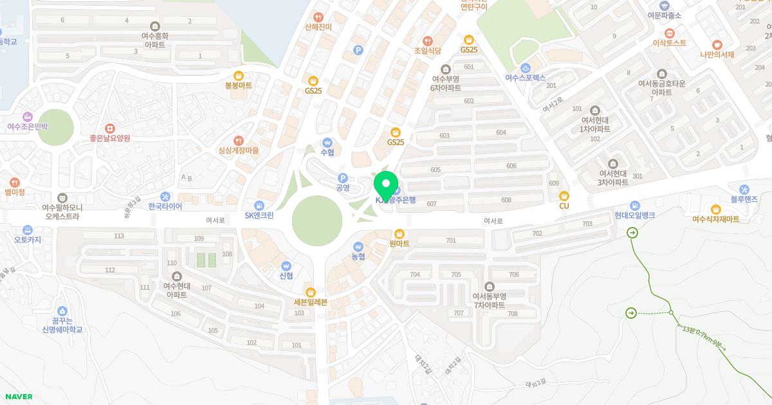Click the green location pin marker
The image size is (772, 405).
tap(386, 186)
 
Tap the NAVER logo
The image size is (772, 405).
tap(19, 397)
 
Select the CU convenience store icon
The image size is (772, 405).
tap(564, 195)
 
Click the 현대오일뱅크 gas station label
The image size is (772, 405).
tap(634, 216)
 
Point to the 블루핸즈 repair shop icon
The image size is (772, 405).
tap(744, 189)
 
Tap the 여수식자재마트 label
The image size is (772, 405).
tap(715, 219)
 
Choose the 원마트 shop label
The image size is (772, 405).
tap(400, 244)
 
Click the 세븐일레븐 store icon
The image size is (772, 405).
tap(311, 292)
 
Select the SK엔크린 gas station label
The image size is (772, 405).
tap(259, 215)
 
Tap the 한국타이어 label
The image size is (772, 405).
tap(165, 206)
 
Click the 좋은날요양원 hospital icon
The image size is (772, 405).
tap(110, 129)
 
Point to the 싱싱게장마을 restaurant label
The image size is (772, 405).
tap(238, 150)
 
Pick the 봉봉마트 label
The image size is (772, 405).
tap(238, 85)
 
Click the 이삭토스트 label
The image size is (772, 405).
tap(669, 43)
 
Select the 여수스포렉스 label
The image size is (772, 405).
tap(525, 77)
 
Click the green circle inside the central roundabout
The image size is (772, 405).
tap(317, 221)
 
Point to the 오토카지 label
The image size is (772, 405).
tap(28, 240)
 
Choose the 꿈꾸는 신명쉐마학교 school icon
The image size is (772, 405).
tap(62, 311)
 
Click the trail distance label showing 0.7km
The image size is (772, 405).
tap(703, 338)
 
